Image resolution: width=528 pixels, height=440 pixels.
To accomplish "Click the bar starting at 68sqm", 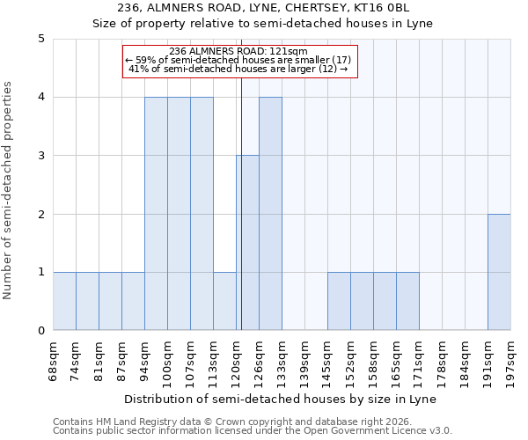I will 64,301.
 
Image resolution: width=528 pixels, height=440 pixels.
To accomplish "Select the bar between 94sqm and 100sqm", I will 156,214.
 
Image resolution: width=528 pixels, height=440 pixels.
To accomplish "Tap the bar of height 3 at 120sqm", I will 247,243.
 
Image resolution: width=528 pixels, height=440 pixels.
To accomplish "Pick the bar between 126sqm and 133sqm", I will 270,214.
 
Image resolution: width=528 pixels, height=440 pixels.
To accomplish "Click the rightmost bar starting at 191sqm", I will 499,272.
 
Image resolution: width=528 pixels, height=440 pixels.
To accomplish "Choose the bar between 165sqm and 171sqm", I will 407,301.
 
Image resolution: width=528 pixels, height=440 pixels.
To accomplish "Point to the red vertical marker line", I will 241,202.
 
